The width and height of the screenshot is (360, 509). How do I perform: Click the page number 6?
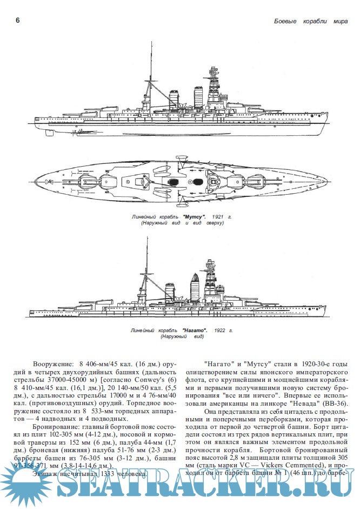coord(18,21)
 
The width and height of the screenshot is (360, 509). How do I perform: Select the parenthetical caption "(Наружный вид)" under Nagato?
coord(181,336)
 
